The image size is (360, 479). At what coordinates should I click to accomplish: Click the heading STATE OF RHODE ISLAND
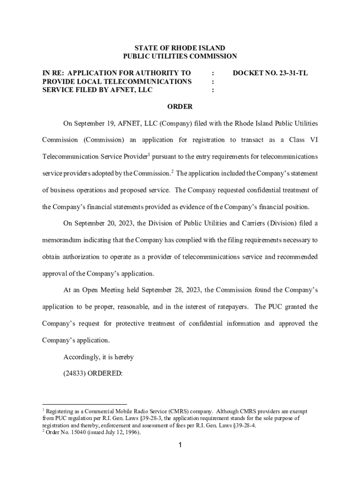pyautogui.click(x=180, y=48)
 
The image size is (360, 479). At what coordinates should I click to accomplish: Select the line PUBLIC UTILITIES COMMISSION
pyautogui.click(x=180, y=57)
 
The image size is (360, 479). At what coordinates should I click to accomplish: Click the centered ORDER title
pyautogui.click(x=180, y=107)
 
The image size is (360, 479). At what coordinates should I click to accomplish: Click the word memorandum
pyautogui.click(x=62, y=240)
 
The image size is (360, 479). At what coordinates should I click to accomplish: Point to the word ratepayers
pyautogui.click(x=225, y=307)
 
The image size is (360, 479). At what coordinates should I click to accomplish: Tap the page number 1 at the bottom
pyautogui.click(x=180, y=445)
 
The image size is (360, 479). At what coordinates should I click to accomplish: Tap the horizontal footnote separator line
pyautogui.click(x=84, y=404)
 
